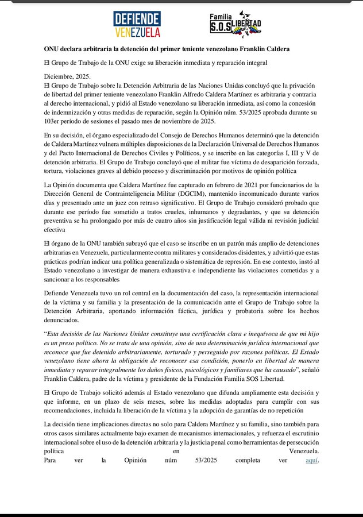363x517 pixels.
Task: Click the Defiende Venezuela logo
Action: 137,24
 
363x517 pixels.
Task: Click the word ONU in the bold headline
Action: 53,49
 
